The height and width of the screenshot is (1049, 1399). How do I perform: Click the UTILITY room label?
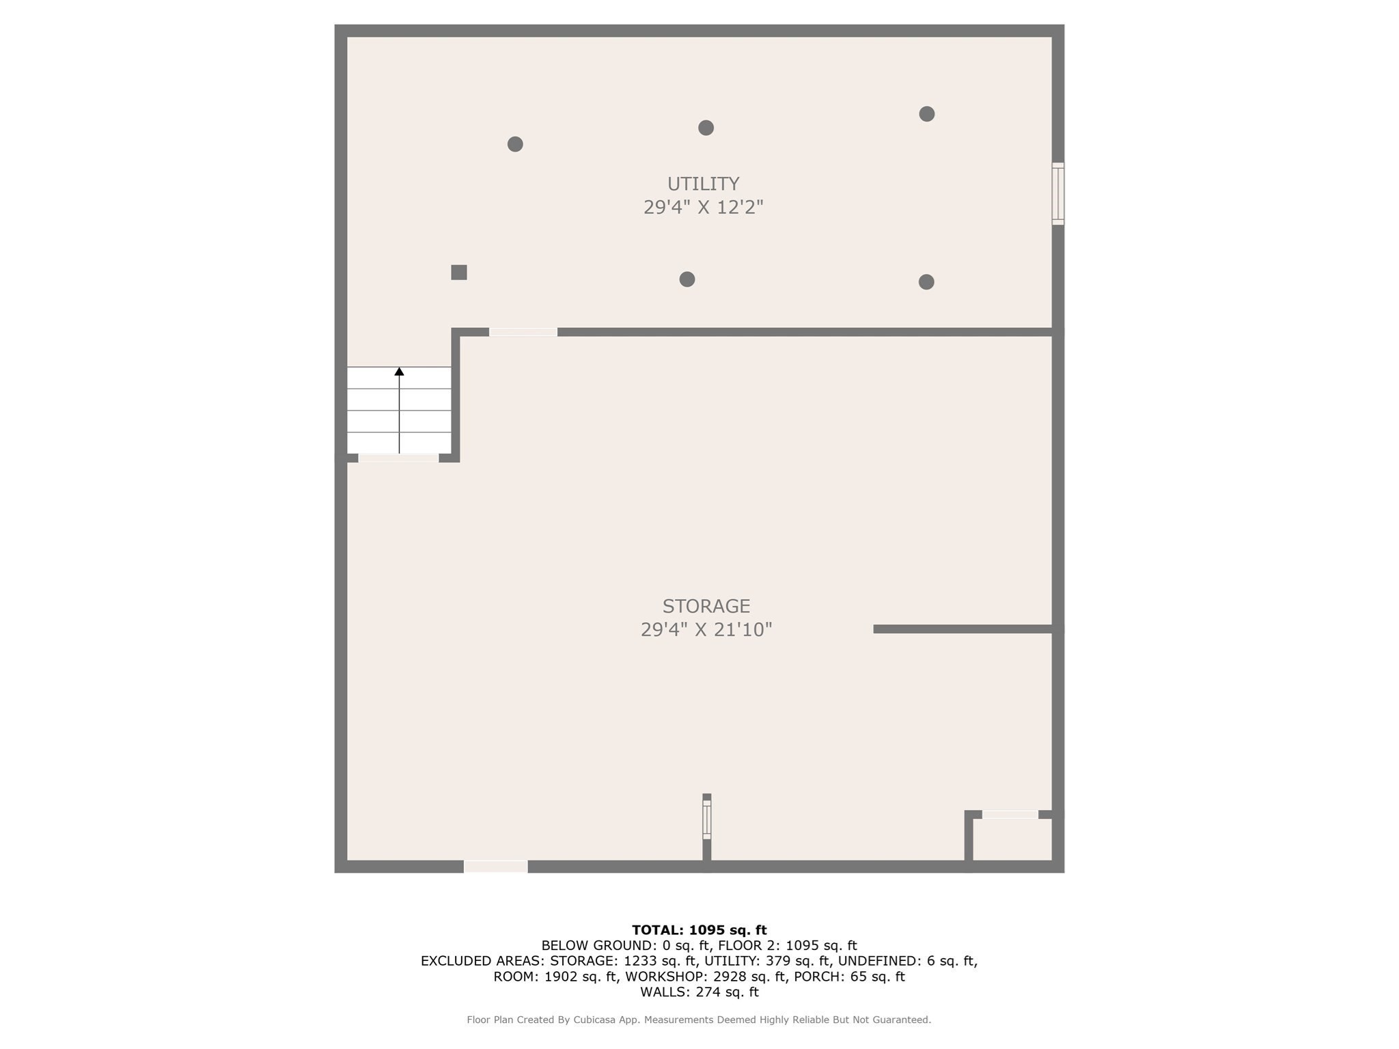click(703, 184)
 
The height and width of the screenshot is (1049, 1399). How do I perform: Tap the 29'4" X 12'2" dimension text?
click(703, 207)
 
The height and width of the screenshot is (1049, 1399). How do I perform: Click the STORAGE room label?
click(706, 606)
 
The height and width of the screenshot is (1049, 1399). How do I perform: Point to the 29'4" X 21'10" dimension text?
click(706, 629)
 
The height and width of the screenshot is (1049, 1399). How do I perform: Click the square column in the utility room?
click(459, 272)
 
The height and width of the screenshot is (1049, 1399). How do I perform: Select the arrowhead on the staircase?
click(399, 372)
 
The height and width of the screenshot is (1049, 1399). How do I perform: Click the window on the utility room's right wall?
click(1058, 194)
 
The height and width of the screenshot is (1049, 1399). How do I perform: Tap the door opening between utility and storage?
click(523, 332)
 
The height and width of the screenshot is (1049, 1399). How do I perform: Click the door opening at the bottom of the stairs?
click(398, 458)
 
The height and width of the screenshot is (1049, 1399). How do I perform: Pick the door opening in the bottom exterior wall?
click(496, 867)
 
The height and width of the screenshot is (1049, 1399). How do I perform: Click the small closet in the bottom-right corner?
click(1012, 839)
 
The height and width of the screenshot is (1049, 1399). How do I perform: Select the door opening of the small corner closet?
click(1010, 814)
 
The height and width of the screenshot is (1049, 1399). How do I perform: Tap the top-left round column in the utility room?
click(515, 144)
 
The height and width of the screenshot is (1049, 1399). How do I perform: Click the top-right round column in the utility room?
click(926, 114)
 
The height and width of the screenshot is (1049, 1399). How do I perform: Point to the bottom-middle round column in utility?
click(687, 279)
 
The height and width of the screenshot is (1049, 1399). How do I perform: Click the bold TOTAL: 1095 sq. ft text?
click(699, 929)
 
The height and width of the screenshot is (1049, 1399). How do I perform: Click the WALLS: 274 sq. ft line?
click(699, 992)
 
